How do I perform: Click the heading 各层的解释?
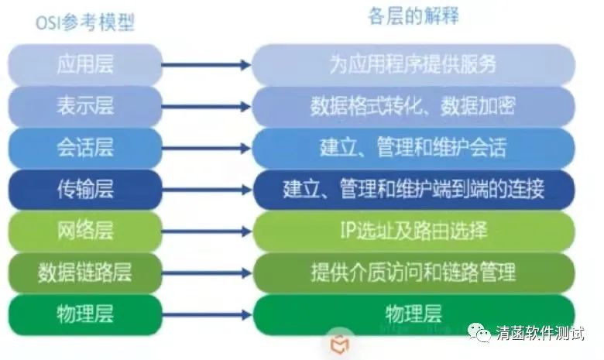coord(413,17)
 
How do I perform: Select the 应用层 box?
coord(85,64)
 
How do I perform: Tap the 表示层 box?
coord(85,106)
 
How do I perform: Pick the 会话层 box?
coord(85,147)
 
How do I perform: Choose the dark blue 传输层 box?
coord(85,189)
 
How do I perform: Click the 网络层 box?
coord(85,230)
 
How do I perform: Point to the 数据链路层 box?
coord(85,272)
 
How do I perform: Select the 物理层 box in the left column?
coord(85,314)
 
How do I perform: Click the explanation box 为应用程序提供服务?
coord(413,64)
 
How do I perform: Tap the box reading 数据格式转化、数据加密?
coord(413,106)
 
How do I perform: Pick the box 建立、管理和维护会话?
coord(413,147)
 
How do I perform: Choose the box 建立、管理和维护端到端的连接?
coord(413,189)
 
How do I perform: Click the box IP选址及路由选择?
coord(413,230)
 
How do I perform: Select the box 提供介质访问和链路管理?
coord(413,272)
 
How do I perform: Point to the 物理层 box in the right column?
coord(413,314)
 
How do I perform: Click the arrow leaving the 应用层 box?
coord(206,65)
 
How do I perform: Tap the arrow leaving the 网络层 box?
coord(206,231)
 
